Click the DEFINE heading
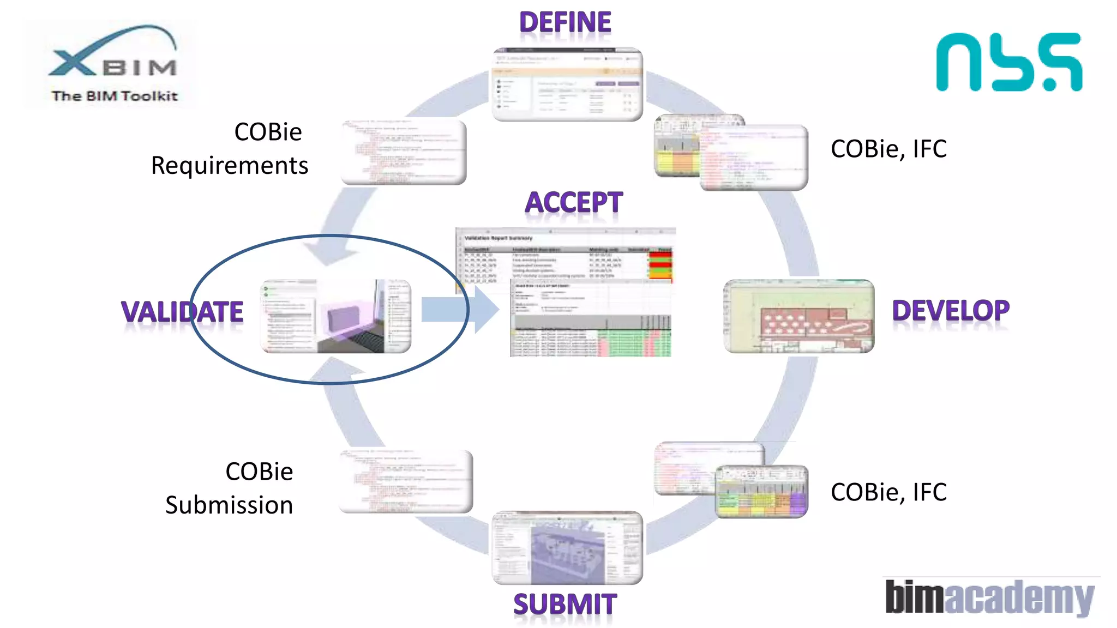[565, 23]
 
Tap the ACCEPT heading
[573, 203]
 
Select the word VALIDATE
[182, 312]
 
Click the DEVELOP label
[951, 311]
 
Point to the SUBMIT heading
[565, 605]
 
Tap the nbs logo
[1009, 62]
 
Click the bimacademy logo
[989, 597]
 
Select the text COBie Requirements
[230, 149]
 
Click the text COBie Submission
[230, 488]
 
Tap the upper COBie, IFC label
[888, 149]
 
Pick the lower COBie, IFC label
[888, 492]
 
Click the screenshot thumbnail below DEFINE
[567, 85]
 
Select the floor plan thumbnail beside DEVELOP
[798, 316]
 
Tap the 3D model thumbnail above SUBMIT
[567, 548]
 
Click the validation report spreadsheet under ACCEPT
[565, 292]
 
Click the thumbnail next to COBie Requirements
[404, 152]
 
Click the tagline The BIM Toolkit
[115, 96]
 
